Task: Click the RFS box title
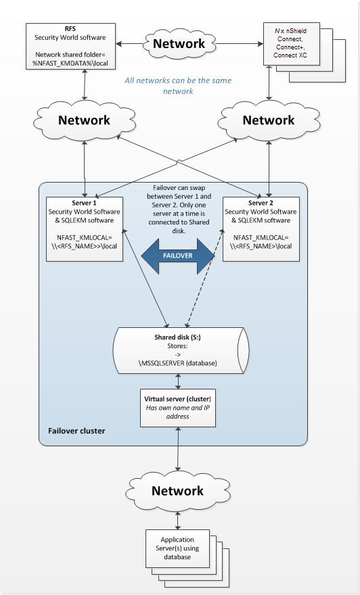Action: pos(70,29)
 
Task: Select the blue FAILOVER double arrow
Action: pos(178,256)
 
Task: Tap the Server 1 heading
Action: pos(85,203)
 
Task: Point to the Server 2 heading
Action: pos(261,203)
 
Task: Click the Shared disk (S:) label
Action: pos(177,337)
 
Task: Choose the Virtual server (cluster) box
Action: pos(178,408)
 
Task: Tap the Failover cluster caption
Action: pos(76,431)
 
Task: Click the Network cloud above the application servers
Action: pos(178,491)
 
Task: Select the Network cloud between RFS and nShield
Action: pos(179,44)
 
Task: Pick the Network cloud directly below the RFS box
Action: pos(85,120)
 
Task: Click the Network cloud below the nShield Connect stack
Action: pos(269,120)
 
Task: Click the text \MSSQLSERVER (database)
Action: pos(178,363)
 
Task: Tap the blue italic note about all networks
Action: pos(178,86)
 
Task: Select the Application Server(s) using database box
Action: pos(177,548)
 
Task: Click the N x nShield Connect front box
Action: pos(292,44)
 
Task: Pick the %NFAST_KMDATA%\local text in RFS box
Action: pos(70,63)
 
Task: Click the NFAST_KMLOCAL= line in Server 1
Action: pos(85,237)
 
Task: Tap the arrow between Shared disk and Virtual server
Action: pos(178,381)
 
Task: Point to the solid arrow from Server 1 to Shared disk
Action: pos(145,277)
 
